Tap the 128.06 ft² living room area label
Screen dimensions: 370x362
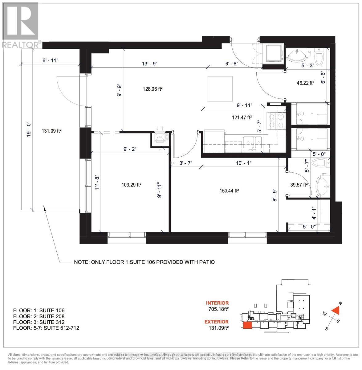coord(152,89)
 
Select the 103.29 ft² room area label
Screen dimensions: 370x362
coord(131,185)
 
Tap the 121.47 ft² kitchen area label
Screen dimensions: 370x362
coord(242,117)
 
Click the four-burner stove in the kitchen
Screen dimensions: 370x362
coord(277,120)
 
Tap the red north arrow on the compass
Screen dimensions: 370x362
coord(336,310)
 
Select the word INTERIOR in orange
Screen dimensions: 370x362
coord(217,303)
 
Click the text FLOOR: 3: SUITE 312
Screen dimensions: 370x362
coord(39,322)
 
